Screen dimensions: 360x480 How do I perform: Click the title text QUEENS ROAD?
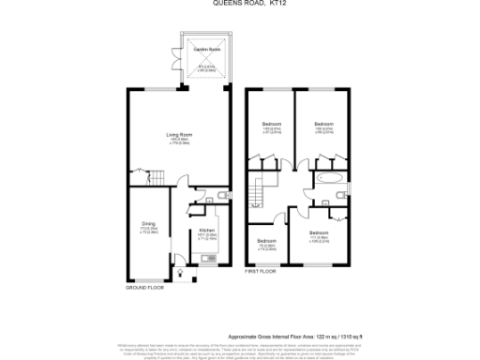click(x=232, y=5)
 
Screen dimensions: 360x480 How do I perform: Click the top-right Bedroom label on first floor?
click(x=324, y=124)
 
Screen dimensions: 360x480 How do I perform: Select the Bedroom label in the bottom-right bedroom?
click(x=319, y=232)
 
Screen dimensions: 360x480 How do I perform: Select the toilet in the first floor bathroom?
click(x=323, y=199)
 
